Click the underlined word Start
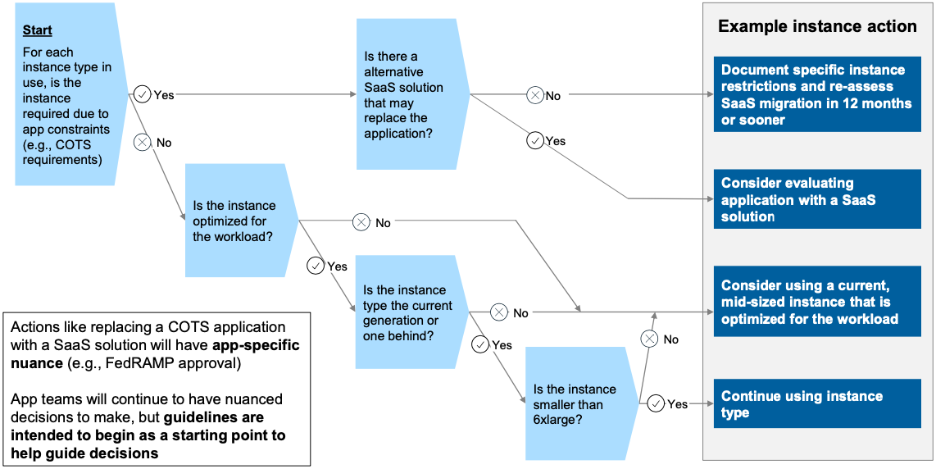pyautogui.click(x=37, y=30)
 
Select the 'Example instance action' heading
pyautogui.click(x=817, y=26)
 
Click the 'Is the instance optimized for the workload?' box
pyautogui.click(x=236, y=221)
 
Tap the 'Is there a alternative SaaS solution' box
pyautogui.click(x=407, y=94)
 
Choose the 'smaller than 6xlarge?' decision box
pyautogui.click(x=576, y=404)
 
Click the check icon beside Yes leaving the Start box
pyautogui.click(x=143, y=94)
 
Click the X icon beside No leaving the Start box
pyautogui.click(x=143, y=143)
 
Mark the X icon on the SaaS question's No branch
pyautogui.click(x=534, y=95)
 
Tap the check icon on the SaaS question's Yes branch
pyautogui.click(x=535, y=141)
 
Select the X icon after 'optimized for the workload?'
pyautogui.click(x=361, y=221)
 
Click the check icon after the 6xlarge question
pyautogui.click(x=656, y=403)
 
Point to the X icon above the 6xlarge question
pyautogui.click(x=649, y=339)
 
